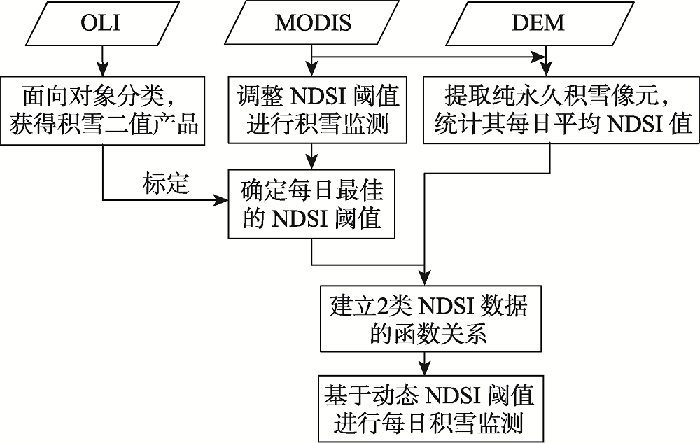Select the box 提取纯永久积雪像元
click(559, 110)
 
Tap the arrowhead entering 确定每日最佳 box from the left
click(223, 202)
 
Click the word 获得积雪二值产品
click(104, 125)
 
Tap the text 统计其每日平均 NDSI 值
click(559, 125)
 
